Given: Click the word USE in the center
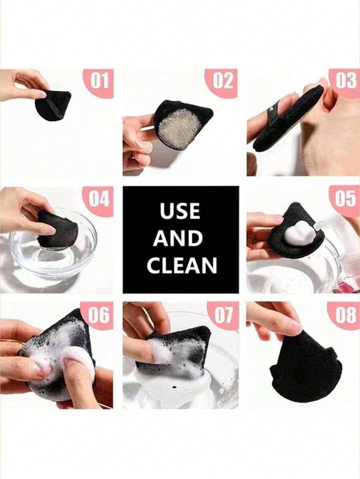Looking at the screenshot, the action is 180,211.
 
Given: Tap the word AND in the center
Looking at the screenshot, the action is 178,238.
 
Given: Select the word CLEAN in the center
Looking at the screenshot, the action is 182,265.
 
